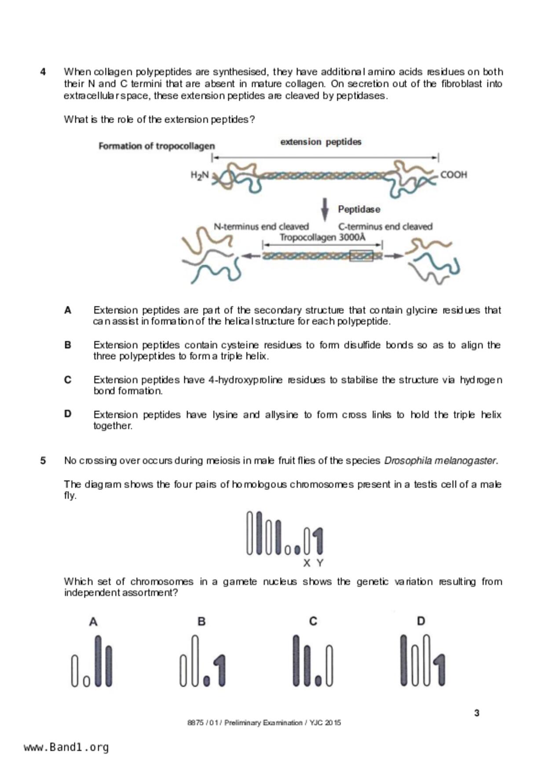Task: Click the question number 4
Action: tap(43, 72)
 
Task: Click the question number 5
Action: tap(43, 461)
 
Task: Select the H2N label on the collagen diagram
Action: tap(199, 175)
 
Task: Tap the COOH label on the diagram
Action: tap(454, 175)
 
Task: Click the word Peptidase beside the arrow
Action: tap(359, 210)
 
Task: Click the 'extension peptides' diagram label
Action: tap(321, 142)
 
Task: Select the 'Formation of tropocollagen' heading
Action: tap(157, 146)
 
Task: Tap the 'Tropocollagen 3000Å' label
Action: tap(322, 238)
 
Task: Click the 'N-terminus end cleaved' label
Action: tap(261, 227)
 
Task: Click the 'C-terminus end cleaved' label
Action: tap(385, 227)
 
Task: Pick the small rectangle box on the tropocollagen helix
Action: tap(361, 256)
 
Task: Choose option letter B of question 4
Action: tap(68, 345)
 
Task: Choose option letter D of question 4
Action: tap(68, 414)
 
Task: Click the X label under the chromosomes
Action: tap(307, 563)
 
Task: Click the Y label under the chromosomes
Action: tap(320, 563)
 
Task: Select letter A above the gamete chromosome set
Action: tap(93, 622)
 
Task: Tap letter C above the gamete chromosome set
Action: tap(313, 621)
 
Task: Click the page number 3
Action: tap(477, 713)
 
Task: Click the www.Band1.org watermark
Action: tap(66, 747)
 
